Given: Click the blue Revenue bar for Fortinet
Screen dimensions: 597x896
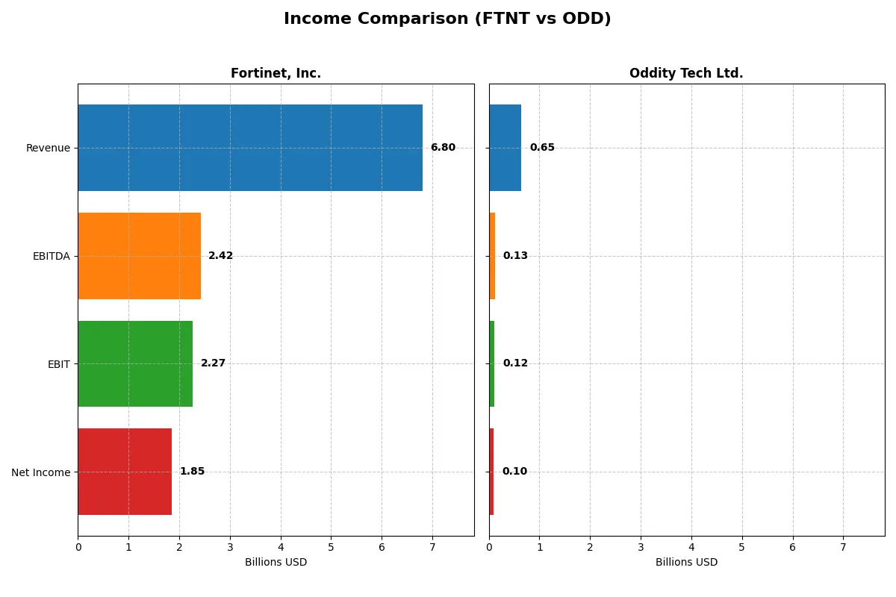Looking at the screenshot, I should [x=250, y=148].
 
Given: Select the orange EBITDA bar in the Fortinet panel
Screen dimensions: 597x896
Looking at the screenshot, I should [x=140, y=256].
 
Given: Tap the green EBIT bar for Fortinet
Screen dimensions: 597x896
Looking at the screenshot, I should [x=135, y=363].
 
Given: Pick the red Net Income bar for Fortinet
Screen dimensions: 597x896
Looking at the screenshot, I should [x=125, y=472].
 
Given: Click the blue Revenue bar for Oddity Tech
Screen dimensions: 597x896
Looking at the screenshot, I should [x=505, y=148].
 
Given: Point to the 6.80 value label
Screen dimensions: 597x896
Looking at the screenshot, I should [x=443, y=148].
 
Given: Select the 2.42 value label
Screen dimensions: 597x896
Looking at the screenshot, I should [x=220, y=256].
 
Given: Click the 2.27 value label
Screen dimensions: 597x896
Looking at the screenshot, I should [x=213, y=363].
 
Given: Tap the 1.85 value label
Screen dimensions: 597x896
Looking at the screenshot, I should [x=192, y=472].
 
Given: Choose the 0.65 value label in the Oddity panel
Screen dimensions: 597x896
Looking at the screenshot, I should [x=542, y=148].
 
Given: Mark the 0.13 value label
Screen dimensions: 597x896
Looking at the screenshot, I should [x=515, y=256].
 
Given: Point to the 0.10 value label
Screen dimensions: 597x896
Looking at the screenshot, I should [x=514, y=472].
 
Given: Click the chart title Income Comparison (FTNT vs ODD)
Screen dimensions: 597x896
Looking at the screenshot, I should [x=447, y=19].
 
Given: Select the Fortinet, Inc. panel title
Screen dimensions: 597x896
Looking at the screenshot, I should [x=276, y=74].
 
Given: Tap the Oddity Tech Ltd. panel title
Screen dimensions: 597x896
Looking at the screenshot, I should [x=686, y=74].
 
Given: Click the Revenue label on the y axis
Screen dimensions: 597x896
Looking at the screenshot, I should [x=48, y=148].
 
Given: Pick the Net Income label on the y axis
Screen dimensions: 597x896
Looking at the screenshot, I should [x=41, y=472].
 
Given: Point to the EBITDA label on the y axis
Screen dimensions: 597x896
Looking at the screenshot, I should [x=52, y=256].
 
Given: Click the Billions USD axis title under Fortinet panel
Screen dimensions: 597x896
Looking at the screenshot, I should [x=276, y=562].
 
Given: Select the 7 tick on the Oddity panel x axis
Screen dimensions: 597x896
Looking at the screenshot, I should [x=843, y=548].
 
